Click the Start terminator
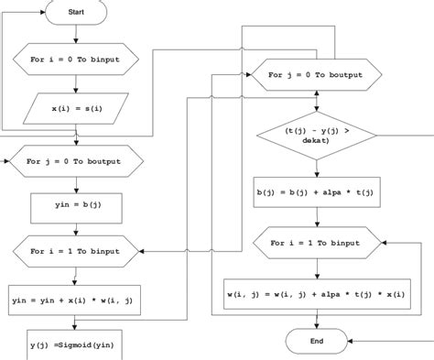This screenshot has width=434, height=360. [x=77, y=13]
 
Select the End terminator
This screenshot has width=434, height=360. [x=317, y=341]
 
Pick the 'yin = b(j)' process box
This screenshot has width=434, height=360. [x=77, y=206]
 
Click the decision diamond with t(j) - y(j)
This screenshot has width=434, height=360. [x=317, y=136]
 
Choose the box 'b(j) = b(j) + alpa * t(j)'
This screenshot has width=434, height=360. [x=317, y=193]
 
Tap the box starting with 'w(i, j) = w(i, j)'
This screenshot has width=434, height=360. [x=317, y=293]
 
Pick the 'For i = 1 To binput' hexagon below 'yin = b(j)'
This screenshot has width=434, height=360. [x=77, y=248]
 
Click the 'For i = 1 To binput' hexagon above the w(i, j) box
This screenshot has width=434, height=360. [x=317, y=245]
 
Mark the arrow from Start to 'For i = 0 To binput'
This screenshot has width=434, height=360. [x=77, y=35]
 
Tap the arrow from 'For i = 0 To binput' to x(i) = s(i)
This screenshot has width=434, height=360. [x=77, y=85]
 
